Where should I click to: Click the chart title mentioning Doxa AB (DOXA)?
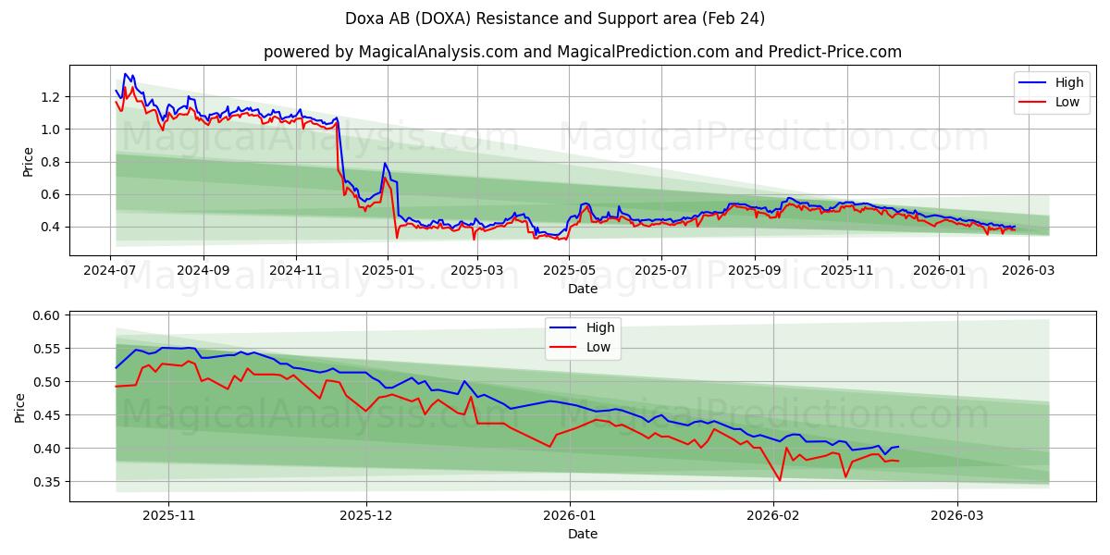click(x=554, y=18)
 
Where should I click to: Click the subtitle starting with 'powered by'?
click(x=582, y=52)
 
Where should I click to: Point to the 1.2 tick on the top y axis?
click(x=50, y=97)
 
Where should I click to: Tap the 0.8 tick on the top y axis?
click(x=50, y=162)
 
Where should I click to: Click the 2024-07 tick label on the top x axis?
click(x=111, y=270)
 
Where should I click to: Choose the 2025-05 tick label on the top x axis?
click(x=569, y=270)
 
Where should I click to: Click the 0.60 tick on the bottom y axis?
click(x=46, y=315)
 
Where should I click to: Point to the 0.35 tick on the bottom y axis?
click(x=46, y=482)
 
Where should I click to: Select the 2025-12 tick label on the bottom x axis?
click(x=366, y=515)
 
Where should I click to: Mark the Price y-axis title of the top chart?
click(x=28, y=161)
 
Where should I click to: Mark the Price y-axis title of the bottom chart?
click(x=20, y=406)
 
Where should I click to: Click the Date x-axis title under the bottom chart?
click(x=582, y=534)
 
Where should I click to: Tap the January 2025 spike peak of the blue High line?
click(x=385, y=163)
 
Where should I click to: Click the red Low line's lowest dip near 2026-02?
click(x=780, y=480)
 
